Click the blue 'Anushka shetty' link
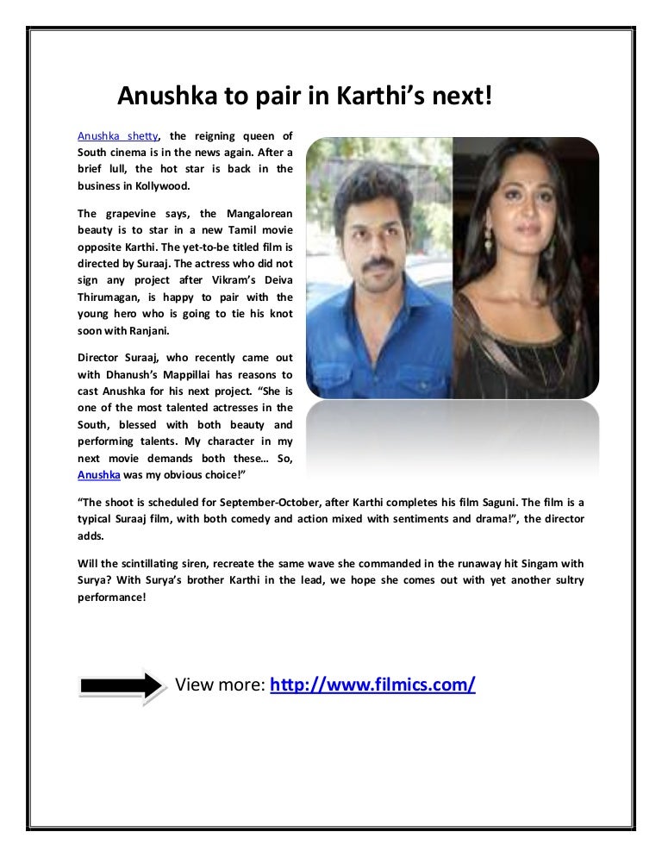pos(117,135)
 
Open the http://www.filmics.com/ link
pos(372,685)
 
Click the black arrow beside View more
pos(120,685)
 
